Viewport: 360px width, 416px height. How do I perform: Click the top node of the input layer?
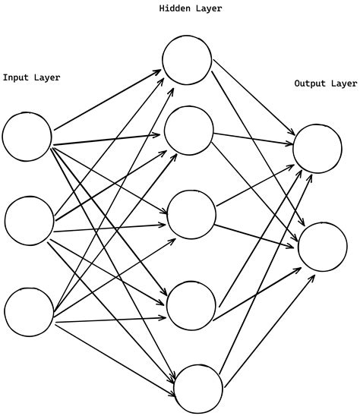point(27,137)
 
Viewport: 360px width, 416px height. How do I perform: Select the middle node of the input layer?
point(29,220)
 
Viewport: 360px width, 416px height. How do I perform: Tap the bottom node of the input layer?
point(29,311)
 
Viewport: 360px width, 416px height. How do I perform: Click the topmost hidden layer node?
point(187,60)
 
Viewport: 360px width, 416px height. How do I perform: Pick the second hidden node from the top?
point(188,131)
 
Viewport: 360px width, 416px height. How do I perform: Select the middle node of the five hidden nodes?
point(191,215)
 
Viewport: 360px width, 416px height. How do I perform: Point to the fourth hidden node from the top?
point(191,304)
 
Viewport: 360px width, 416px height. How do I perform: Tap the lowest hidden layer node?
point(198,388)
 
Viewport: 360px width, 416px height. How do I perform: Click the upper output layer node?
point(317,148)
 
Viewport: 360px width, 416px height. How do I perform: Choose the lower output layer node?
point(323,247)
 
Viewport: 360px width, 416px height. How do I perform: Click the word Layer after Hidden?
point(210,9)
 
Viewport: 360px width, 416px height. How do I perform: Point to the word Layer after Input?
point(48,77)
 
